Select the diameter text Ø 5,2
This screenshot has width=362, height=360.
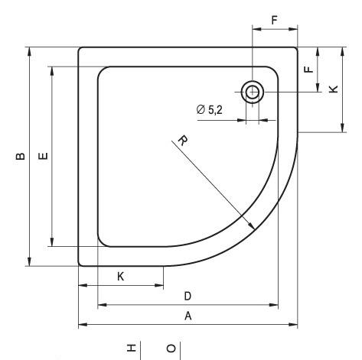[210, 110]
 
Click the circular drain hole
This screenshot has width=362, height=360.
[252, 92]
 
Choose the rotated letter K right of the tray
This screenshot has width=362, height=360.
[332, 89]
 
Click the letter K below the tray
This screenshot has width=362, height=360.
[121, 277]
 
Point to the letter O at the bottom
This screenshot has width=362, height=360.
[170, 349]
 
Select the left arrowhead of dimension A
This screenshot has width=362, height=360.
[82, 325]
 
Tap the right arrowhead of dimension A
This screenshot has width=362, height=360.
[295, 325]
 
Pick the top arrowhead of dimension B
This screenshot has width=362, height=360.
[29, 51]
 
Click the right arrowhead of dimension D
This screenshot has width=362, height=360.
[276, 305]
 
